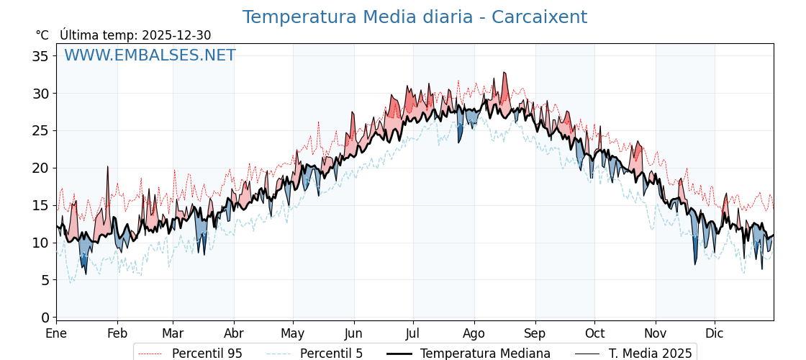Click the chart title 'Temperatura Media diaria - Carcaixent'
(415, 17)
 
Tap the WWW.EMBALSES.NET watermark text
(150, 55)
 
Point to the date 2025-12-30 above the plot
(176, 35)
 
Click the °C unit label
(42, 35)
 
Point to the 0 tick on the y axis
(45, 318)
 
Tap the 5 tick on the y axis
(45, 280)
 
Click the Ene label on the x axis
(56, 333)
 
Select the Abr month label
(234, 333)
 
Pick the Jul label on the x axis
(413, 333)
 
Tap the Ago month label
(474, 333)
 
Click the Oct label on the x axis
(594, 333)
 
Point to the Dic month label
(715, 333)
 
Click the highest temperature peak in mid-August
(504, 73)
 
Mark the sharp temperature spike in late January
(108, 167)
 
